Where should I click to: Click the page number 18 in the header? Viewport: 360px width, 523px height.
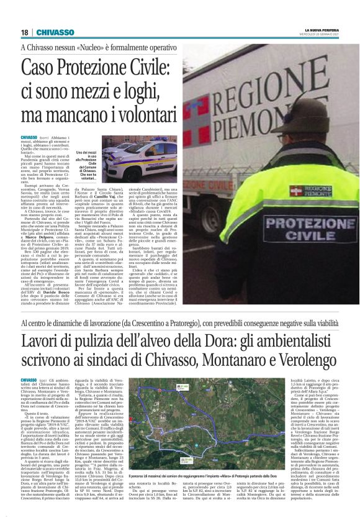point(24,32)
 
